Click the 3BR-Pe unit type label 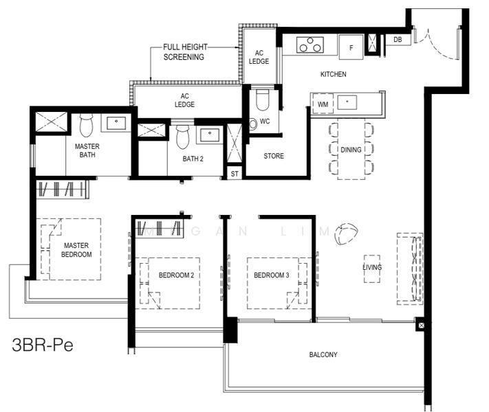[x=43, y=345]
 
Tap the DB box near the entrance [x=398, y=40]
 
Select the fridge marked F [x=351, y=47]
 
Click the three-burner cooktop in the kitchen [x=309, y=45]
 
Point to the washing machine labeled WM [x=323, y=104]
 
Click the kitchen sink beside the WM [x=347, y=102]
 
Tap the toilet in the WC [x=262, y=100]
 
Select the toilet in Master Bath [x=86, y=125]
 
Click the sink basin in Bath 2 [x=210, y=135]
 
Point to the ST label [x=235, y=174]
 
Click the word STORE [x=274, y=156]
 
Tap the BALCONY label [x=323, y=355]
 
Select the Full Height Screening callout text [x=185, y=52]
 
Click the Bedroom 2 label [x=176, y=275]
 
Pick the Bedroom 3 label [x=271, y=275]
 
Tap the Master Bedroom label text [x=76, y=250]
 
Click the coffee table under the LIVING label [x=372, y=268]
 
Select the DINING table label [x=351, y=150]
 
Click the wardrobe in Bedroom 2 [x=159, y=228]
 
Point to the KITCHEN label [x=334, y=74]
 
